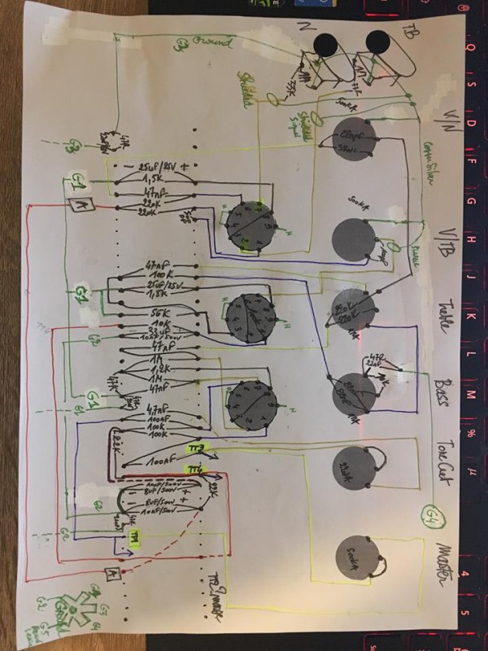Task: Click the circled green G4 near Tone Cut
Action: (429, 514)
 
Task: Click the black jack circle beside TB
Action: (379, 42)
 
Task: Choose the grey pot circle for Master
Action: (355, 558)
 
